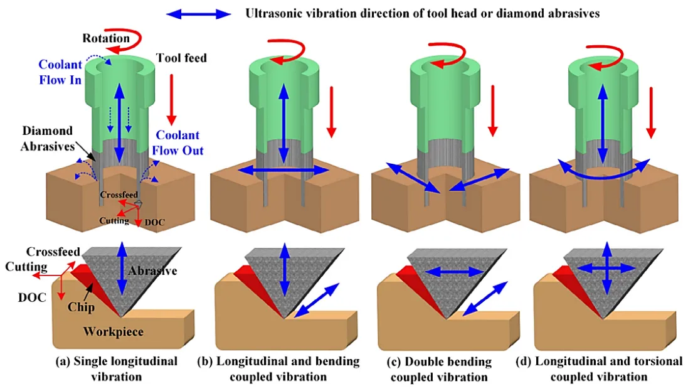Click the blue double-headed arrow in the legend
[x=199, y=13]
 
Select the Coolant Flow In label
[x=60, y=72]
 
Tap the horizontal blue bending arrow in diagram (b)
[x=284, y=170]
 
